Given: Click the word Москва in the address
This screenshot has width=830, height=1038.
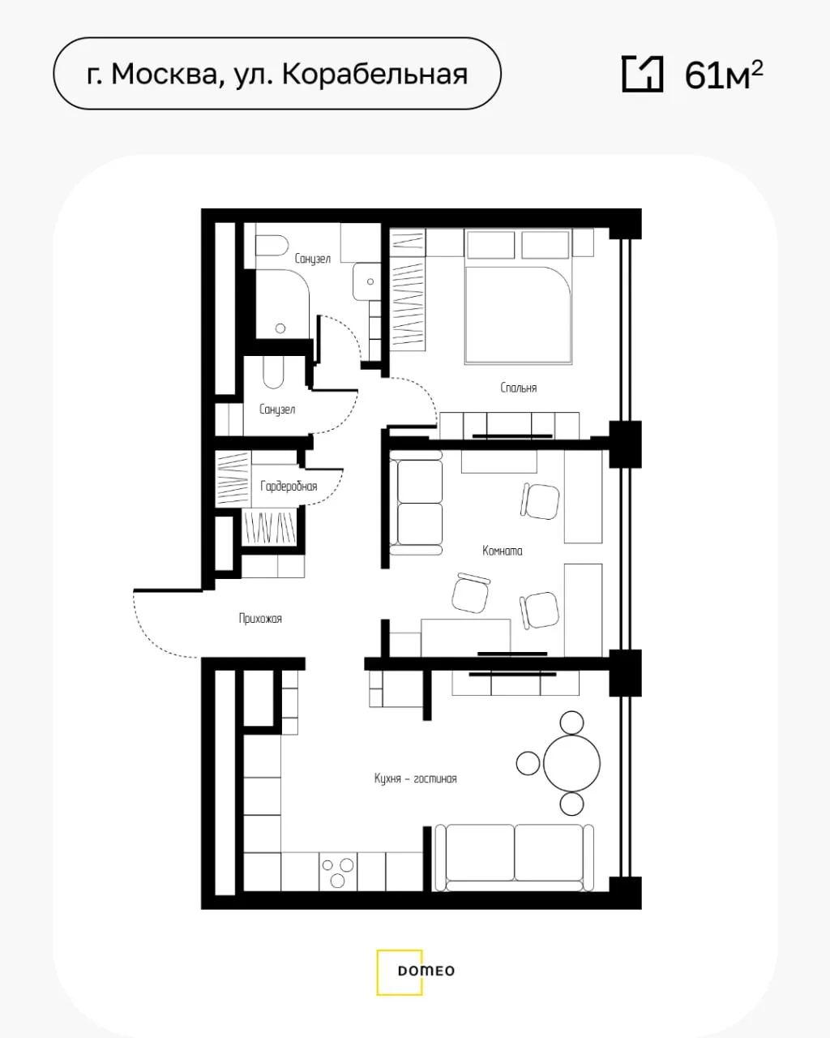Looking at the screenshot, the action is pos(165,75).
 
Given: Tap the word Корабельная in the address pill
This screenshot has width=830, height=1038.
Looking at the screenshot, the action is pos(374,75).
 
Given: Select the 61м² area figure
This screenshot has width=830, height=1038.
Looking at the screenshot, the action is pos(724,75).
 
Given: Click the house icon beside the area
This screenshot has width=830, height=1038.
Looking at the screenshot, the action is pos(643,74).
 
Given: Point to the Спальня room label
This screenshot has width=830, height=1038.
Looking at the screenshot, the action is pos(519,388).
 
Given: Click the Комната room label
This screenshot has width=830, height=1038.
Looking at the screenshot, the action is pos(502,551).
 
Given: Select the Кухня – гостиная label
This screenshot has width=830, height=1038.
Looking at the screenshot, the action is pos(415,779).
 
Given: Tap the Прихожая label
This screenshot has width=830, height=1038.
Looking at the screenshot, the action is pos(260,619).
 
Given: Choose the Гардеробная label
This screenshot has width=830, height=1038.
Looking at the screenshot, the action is pos(289,487).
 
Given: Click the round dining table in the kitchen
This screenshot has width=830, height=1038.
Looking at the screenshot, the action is pos(571,764).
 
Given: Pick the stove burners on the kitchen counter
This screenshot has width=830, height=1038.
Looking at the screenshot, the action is pos(338,871).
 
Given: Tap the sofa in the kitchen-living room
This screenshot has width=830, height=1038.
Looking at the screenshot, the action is pos(514,858).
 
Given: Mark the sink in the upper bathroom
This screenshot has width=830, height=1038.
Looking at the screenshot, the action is pos(366,281).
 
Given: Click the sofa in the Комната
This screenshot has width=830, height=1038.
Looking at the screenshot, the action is pos(416,503).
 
